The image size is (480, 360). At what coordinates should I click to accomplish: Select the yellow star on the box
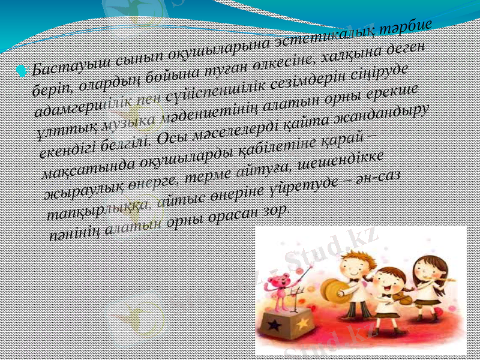click(302, 323)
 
